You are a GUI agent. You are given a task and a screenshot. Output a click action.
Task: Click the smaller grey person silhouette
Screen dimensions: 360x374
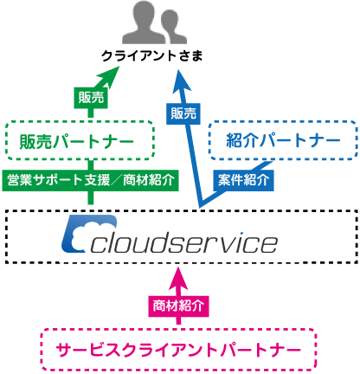[173, 29]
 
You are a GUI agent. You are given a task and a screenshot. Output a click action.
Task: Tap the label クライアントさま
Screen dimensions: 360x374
[152, 55]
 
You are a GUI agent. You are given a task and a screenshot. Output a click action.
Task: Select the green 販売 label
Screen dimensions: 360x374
[91, 98]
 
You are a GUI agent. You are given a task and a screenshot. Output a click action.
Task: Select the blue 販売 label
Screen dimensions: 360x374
[183, 113]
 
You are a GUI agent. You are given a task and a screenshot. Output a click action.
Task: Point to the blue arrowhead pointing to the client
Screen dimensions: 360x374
[181, 81]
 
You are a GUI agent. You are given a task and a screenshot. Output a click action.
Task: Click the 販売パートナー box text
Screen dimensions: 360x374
[76, 141]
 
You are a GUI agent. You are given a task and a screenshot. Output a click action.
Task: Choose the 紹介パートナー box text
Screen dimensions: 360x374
[283, 140]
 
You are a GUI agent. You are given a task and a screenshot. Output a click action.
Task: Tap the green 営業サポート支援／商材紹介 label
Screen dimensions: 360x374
[90, 180]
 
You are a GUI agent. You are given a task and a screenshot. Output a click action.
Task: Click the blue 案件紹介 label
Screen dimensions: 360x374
[243, 180]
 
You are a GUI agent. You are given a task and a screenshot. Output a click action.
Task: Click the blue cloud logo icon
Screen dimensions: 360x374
[89, 234]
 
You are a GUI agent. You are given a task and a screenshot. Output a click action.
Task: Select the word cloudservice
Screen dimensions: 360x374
[184, 242]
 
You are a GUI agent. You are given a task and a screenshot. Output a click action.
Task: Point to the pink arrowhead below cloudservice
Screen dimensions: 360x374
[178, 280]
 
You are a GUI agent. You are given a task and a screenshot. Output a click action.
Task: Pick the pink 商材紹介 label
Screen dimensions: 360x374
[178, 306]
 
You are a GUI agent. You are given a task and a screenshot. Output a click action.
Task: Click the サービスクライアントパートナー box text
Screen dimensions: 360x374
[178, 350]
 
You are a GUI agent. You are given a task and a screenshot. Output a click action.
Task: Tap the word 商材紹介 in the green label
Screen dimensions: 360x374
[149, 181]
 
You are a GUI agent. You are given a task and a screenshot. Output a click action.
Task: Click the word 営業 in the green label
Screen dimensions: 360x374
[20, 181]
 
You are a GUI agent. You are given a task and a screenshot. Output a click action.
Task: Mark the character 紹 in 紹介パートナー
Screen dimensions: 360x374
[235, 140]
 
